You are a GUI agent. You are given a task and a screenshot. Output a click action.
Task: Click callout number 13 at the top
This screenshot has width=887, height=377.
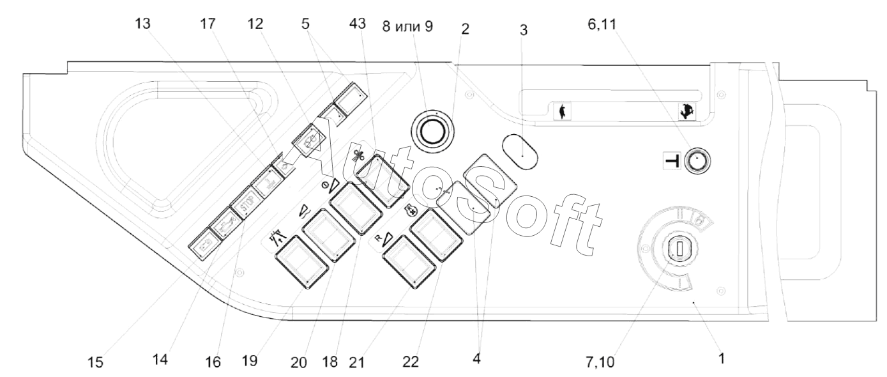tap(143, 24)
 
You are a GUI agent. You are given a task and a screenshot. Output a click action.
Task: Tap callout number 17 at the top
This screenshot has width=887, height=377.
tap(208, 24)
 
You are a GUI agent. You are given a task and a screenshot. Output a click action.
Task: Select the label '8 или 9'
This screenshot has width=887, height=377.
tap(407, 27)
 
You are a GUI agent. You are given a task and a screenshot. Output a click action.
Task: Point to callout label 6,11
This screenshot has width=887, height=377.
tap(602, 24)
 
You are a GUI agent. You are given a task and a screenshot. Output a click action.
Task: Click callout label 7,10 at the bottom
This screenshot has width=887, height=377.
tap(600, 362)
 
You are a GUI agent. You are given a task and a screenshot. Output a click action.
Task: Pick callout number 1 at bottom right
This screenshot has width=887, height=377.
tap(722, 358)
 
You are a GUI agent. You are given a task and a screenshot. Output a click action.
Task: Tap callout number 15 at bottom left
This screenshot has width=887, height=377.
tap(95, 362)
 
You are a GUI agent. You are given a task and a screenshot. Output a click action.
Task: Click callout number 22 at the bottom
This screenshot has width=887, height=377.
tap(411, 361)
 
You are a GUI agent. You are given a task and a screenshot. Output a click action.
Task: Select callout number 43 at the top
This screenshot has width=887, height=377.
tap(357, 24)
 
